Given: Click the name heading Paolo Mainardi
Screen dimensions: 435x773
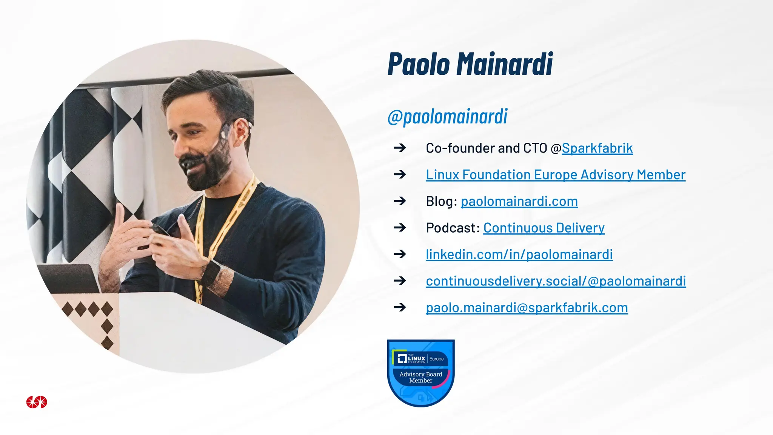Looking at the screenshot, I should coord(470,64).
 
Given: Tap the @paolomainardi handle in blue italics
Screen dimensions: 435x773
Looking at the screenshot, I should coord(447,116).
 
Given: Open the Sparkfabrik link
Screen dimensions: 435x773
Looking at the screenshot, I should coord(597,148).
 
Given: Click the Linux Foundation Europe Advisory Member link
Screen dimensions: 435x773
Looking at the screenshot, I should coord(556,174).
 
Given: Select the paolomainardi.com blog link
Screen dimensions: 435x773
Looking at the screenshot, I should coord(519,201).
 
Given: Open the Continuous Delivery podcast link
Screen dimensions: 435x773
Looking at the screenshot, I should coord(544,228).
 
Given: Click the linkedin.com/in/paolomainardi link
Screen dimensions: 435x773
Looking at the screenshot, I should coord(519,255).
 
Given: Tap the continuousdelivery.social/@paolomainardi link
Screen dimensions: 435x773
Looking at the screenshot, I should coord(556,281).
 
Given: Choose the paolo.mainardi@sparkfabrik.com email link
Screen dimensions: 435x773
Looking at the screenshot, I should coord(527,308).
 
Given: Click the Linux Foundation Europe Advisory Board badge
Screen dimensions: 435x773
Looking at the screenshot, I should coord(421,372).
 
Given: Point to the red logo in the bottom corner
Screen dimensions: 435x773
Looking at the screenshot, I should coord(37,402).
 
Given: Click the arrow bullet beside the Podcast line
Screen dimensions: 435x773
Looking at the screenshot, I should coord(400,228).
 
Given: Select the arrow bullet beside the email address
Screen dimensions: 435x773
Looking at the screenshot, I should coord(400,307).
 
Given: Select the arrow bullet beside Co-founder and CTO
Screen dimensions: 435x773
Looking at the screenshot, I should coord(400,148).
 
